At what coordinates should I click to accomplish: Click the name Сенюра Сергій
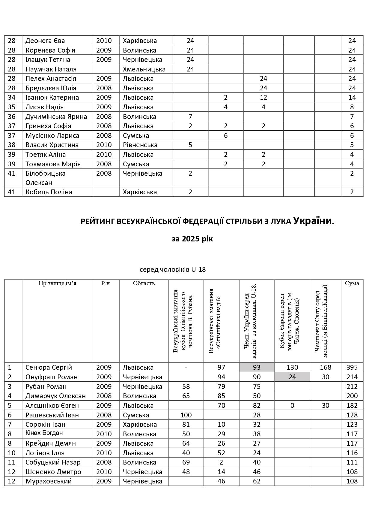click(49, 367)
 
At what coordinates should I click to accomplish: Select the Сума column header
click(352, 283)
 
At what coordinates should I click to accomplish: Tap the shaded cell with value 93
click(257, 367)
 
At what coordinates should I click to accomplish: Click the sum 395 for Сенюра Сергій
click(352, 367)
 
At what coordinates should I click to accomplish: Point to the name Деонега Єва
click(45, 41)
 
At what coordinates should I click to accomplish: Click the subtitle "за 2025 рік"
click(192, 239)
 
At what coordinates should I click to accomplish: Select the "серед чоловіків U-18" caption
click(173, 269)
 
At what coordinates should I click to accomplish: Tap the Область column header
click(144, 283)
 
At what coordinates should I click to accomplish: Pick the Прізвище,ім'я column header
click(57, 283)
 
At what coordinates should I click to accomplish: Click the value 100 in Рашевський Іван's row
click(186, 415)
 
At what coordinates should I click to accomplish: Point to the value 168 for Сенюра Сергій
click(325, 367)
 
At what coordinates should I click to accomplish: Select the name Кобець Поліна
click(49, 192)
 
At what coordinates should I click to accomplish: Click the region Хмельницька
click(144, 69)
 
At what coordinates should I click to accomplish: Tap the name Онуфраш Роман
click(51, 377)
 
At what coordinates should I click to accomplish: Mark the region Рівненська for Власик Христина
click(140, 145)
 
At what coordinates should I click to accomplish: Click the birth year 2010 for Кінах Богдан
click(104, 434)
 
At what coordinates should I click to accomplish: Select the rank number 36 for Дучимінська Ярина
click(12, 117)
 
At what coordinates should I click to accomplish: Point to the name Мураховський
click(49, 481)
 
